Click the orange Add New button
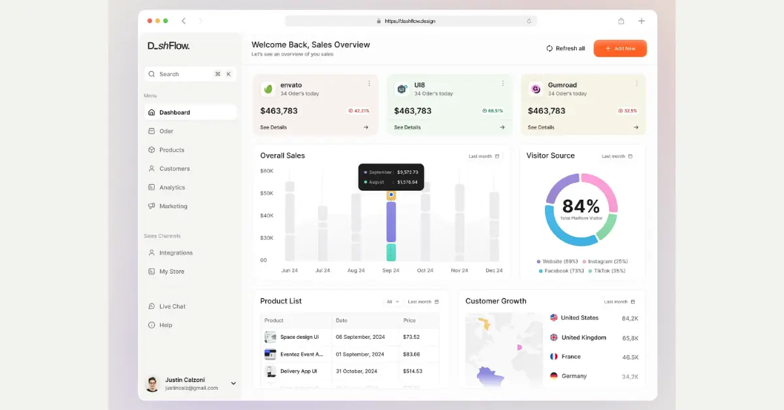click(620, 48)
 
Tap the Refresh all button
click(566, 48)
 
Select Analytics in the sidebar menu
click(172, 187)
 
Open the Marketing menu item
click(173, 206)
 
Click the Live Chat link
click(172, 306)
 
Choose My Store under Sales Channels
click(172, 272)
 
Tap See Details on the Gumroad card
click(541, 127)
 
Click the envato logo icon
click(268, 89)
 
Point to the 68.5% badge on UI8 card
click(493, 111)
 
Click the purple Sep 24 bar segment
click(391, 222)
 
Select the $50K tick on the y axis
click(267, 193)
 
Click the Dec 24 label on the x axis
click(494, 270)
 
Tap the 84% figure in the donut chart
click(581, 206)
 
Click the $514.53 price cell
click(412, 371)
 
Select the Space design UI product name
click(299, 337)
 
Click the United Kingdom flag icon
click(554, 338)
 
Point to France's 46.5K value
click(630, 357)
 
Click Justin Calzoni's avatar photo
click(152, 383)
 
